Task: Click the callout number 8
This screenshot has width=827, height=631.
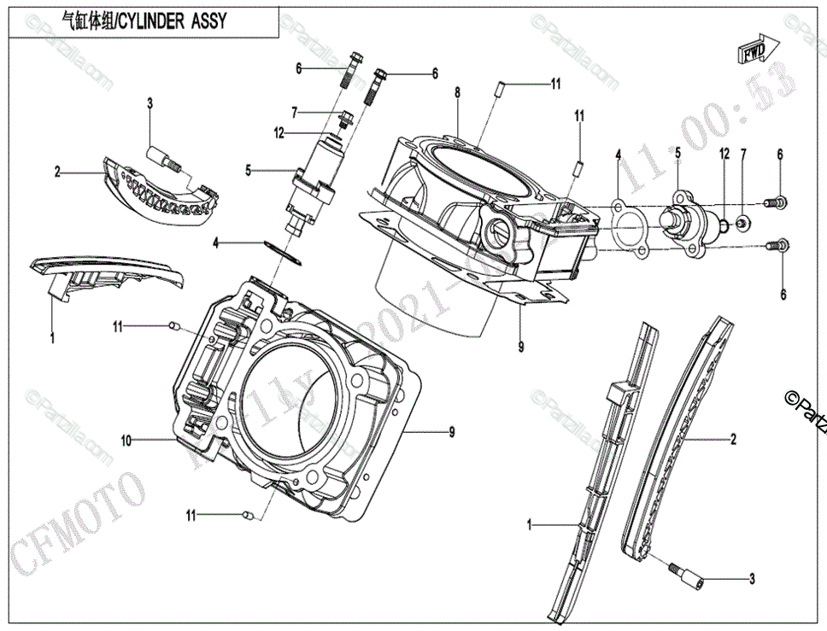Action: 458,92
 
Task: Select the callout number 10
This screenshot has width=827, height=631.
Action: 126,441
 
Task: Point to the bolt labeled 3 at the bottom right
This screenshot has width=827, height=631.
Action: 686,575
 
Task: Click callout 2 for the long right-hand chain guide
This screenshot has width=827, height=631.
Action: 733,440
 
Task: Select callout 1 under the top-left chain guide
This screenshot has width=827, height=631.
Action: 52,339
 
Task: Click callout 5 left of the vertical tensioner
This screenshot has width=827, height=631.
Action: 249,171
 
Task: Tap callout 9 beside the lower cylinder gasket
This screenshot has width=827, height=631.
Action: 452,433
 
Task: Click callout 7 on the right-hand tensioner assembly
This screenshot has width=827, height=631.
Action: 743,155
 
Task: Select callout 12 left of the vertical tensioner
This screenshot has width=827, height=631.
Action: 279,132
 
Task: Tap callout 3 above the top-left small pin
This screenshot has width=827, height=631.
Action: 150,104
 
